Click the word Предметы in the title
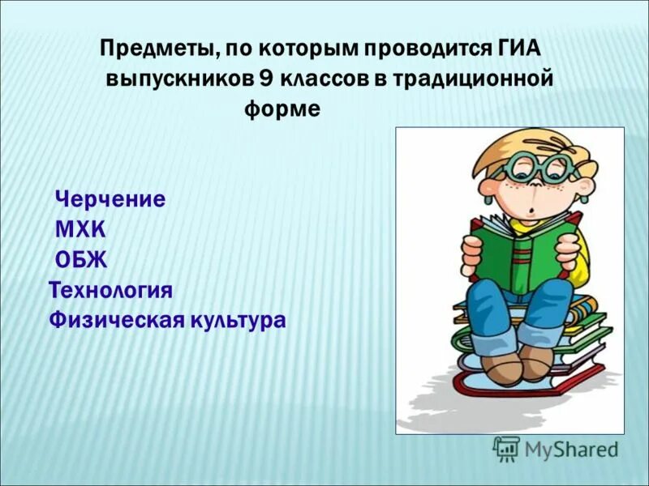pyautogui.click(x=154, y=49)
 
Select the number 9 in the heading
pyautogui.click(x=266, y=79)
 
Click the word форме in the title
pyautogui.click(x=282, y=109)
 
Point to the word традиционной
pyautogui.click(x=475, y=79)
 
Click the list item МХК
pyautogui.click(x=80, y=229)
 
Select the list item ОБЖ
pyautogui.click(x=81, y=259)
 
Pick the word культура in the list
pyautogui.click(x=238, y=320)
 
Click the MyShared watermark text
pyautogui.click(x=571, y=448)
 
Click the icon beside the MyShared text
pyautogui.click(x=506, y=448)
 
